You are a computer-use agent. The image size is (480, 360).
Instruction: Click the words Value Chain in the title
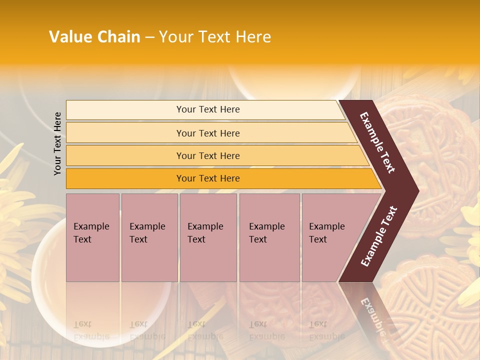(x=94, y=37)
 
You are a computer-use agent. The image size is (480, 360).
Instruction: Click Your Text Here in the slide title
(x=215, y=37)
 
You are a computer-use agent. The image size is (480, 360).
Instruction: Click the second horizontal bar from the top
(x=207, y=133)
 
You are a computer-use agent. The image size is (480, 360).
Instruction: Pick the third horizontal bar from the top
(x=207, y=155)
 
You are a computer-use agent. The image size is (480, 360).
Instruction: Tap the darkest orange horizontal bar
(x=207, y=178)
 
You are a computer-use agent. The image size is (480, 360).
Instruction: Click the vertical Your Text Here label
(x=57, y=143)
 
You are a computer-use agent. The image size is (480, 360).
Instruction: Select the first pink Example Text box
(x=92, y=237)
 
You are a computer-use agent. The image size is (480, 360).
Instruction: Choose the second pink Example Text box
(x=149, y=237)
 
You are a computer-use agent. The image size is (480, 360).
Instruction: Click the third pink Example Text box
(x=208, y=237)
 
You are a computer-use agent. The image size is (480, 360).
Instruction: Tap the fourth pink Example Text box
(x=269, y=237)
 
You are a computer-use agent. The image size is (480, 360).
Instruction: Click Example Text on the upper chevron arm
(x=377, y=142)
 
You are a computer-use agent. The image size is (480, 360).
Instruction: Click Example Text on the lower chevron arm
(x=379, y=236)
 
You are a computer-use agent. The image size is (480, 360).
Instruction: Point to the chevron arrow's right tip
(x=417, y=190)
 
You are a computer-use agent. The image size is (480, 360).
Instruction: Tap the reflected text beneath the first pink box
(x=91, y=330)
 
